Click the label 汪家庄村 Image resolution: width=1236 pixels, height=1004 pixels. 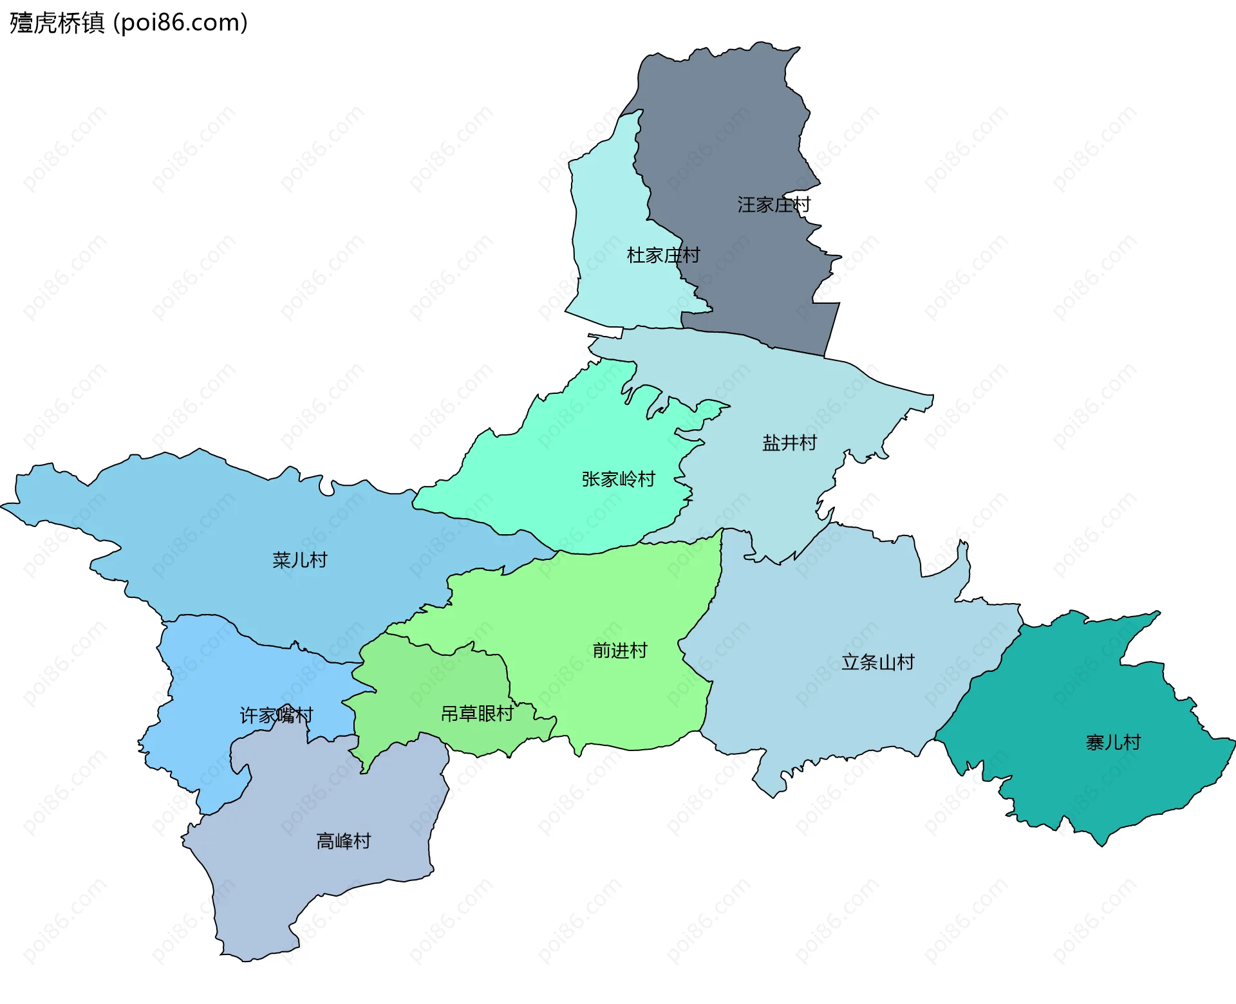coord(774,205)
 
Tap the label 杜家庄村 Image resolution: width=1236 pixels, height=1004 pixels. coord(663,256)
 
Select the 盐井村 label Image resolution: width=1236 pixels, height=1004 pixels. coord(789,443)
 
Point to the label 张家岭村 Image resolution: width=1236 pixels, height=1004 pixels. coord(618,479)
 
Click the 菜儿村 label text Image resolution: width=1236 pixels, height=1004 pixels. coord(299,560)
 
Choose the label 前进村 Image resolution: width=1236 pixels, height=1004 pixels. coord(619,651)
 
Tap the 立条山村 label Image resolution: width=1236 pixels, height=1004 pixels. coord(877,662)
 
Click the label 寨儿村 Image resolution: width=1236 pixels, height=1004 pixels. coord(1113,743)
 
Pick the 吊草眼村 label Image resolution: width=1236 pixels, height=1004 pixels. coord(477,714)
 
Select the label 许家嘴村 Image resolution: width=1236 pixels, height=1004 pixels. coord(276,715)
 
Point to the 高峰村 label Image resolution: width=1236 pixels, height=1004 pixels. coord(343,841)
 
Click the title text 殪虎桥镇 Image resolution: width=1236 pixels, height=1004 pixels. coord(57,23)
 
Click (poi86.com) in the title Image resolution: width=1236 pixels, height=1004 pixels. coord(180,23)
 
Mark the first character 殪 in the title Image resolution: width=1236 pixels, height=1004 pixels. coord(21,23)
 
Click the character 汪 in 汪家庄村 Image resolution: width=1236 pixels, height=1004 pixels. coord(747,205)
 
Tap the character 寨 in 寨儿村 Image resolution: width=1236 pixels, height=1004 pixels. coord(1095,743)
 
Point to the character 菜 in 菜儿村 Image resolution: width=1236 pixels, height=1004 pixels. coord(281,560)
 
